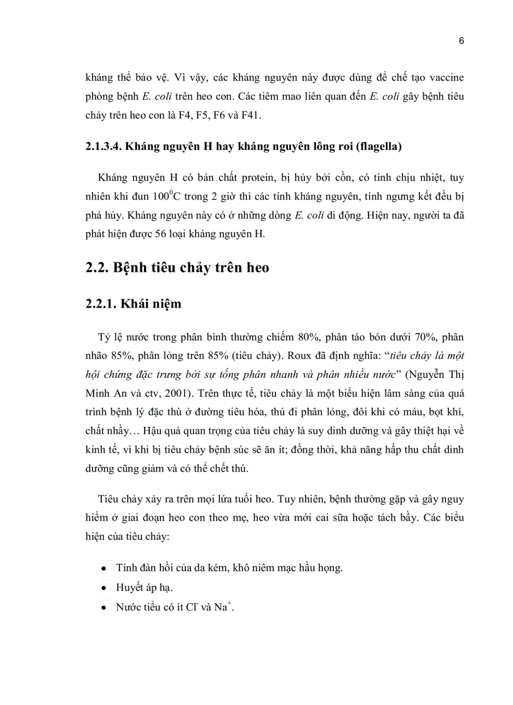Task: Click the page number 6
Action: click(461, 41)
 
